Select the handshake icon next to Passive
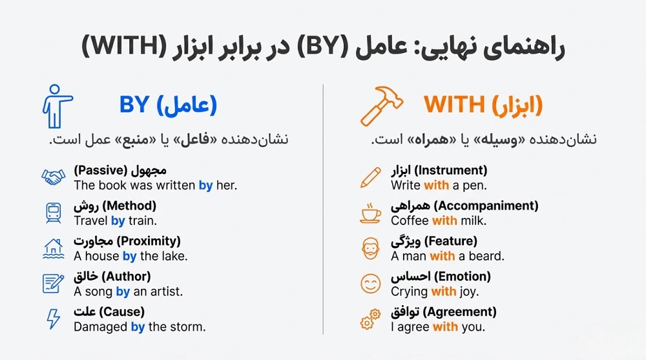(54, 177)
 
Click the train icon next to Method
(54, 213)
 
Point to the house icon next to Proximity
(54, 248)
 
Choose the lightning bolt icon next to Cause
(54, 319)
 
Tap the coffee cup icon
(371, 213)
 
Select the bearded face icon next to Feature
(371, 248)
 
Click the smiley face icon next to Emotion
(371, 283)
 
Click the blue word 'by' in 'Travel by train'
(118, 221)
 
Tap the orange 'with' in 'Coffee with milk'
(444, 221)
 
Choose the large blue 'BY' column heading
(134, 105)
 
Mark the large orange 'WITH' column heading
(454, 105)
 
